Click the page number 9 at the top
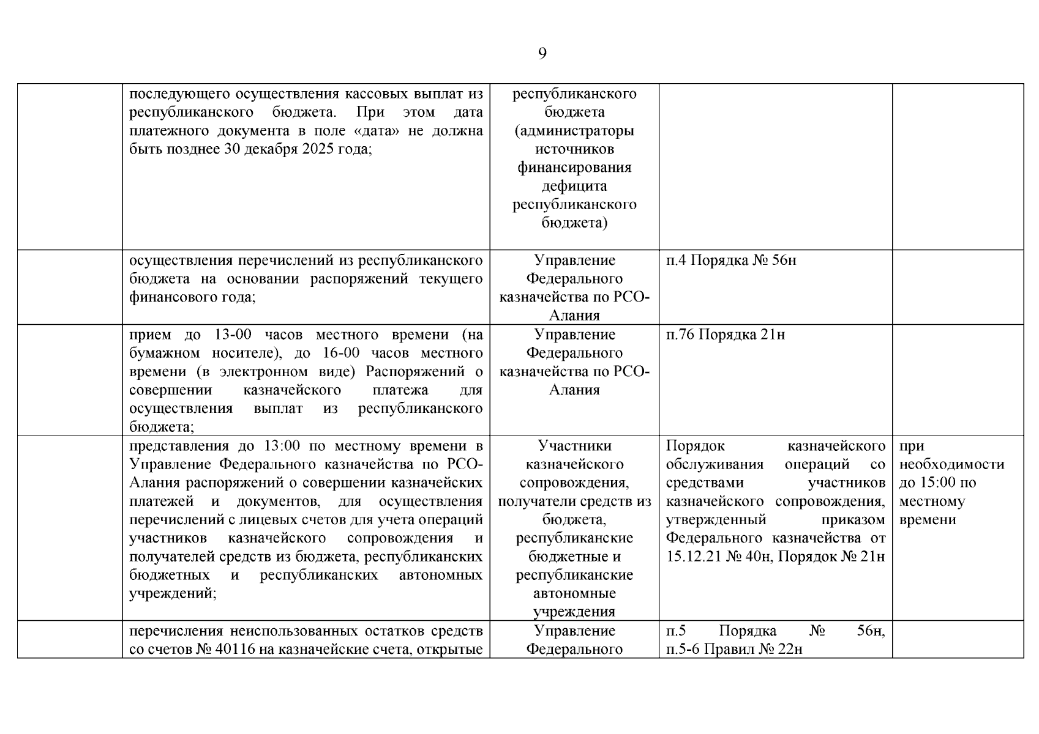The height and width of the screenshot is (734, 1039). point(542,54)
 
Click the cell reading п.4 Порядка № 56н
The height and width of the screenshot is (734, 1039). point(731,261)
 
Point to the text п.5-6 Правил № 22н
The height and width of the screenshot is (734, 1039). point(734,650)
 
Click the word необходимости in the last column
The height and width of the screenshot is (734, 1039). point(951,464)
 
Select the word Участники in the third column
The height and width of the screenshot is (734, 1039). point(574,446)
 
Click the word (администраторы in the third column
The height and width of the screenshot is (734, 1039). point(574,131)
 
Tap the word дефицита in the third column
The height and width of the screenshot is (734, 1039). point(574,186)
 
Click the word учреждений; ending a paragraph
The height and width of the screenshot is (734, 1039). point(173,594)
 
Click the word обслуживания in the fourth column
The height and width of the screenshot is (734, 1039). point(715,464)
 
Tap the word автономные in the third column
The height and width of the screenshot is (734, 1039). point(574,594)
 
